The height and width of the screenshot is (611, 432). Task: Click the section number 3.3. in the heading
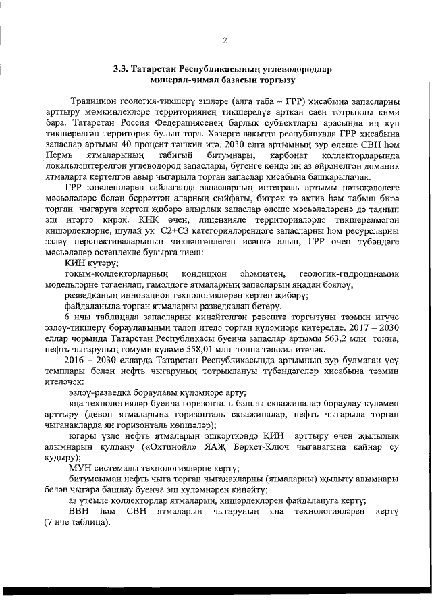pos(122,70)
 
